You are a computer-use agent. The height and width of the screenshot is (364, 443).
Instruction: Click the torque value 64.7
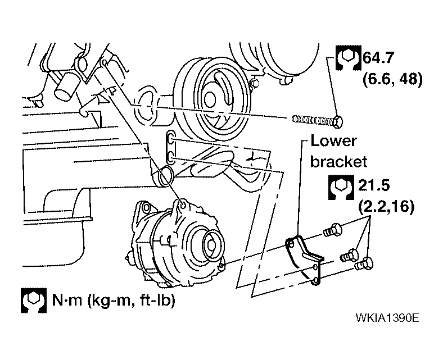click(x=378, y=58)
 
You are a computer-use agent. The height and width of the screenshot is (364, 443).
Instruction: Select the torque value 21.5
click(x=374, y=185)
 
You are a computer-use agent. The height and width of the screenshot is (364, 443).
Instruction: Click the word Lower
click(x=333, y=140)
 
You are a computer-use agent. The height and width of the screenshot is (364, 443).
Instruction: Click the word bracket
click(x=338, y=162)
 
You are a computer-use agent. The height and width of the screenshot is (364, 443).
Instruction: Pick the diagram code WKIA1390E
click(x=387, y=318)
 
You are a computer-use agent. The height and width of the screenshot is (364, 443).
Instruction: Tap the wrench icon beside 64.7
click(x=349, y=58)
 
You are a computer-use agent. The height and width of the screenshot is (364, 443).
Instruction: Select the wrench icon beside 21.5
click(x=341, y=187)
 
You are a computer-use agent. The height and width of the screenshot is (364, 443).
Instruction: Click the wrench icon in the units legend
click(x=34, y=301)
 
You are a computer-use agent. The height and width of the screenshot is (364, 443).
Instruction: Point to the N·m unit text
click(x=67, y=300)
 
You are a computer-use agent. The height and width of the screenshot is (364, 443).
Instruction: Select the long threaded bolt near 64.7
click(x=317, y=121)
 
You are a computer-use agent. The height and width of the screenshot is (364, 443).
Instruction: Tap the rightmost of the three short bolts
click(x=364, y=264)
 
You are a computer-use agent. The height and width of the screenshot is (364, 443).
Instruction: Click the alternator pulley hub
click(x=211, y=244)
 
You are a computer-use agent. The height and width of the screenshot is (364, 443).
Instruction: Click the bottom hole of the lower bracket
click(x=316, y=281)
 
